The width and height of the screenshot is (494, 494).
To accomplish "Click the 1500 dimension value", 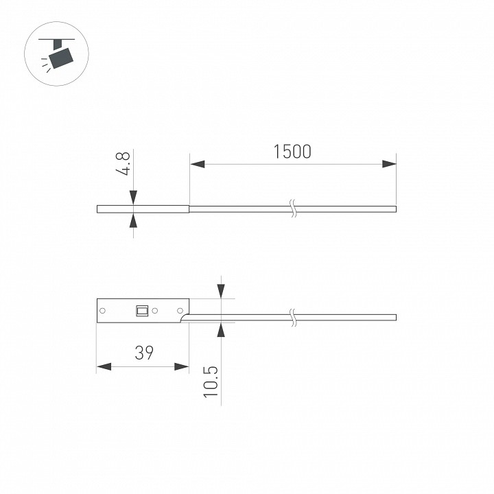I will tap(292, 151).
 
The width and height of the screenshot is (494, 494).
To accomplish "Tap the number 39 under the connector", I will tap(143, 353).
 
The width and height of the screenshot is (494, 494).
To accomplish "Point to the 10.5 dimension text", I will tap(211, 381).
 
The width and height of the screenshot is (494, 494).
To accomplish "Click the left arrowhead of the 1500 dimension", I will tap(198, 164).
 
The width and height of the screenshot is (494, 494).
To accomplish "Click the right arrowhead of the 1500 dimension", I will tap(389, 164).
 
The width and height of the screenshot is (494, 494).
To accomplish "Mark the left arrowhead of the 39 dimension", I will tap(104, 367).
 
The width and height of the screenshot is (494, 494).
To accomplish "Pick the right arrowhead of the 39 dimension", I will tap(181, 367).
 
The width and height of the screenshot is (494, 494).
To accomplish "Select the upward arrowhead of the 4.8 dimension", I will tap(133, 221).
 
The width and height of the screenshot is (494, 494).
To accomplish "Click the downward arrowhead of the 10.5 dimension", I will tap(221, 291).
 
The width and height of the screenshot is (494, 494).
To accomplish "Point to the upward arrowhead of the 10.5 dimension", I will tap(221, 329).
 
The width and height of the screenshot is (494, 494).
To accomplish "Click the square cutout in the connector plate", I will tap(142, 311).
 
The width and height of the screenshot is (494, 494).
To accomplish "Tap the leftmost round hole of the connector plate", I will tap(103, 311).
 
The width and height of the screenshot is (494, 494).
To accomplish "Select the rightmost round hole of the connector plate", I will tap(181, 311).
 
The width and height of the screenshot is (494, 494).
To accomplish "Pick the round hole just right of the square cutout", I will tap(155, 311).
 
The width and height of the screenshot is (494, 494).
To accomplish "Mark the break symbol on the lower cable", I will tap(294, 317).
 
